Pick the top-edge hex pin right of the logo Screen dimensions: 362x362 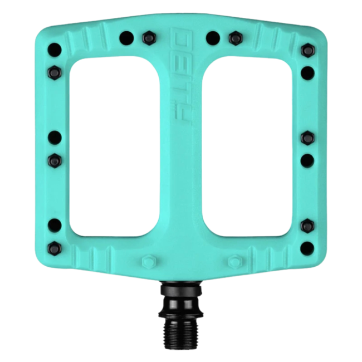233,37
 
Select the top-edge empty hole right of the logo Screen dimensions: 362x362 211,37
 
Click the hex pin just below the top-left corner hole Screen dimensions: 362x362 54,71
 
